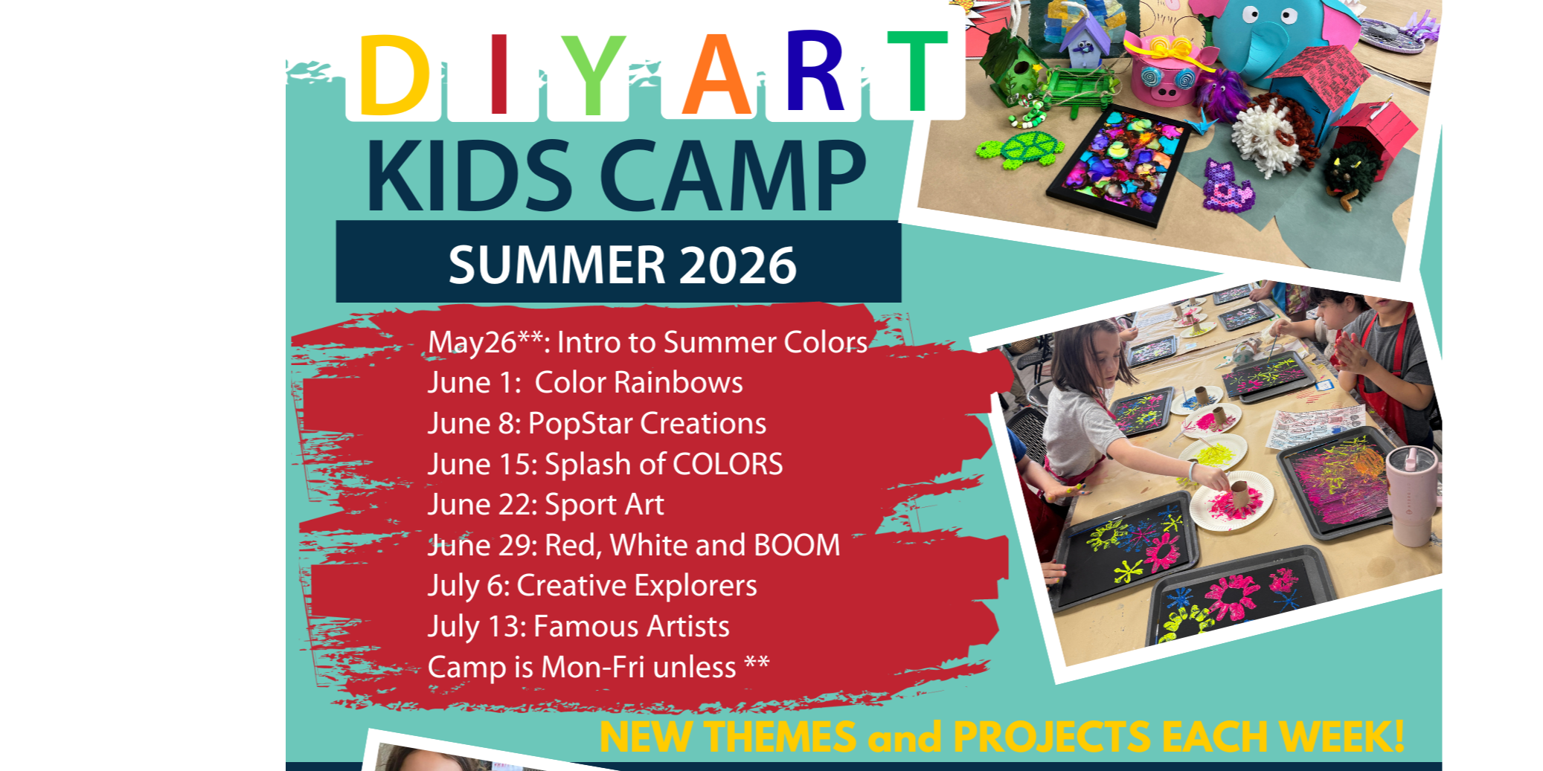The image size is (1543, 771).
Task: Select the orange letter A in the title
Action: coord(716,74)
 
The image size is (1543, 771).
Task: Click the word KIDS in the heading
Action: coord(469,176)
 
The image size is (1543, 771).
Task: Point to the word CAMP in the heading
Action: coord(734,176)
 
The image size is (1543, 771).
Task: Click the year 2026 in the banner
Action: coord(737,265)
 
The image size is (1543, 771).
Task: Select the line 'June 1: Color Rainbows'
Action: coord(585,383)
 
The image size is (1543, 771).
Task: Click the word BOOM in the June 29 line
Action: coord(797,545)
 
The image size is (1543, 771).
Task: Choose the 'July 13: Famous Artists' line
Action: coord(578,627)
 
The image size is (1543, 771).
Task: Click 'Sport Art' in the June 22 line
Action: coord(604,505)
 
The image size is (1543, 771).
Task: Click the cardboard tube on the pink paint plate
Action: coord(1239,497)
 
